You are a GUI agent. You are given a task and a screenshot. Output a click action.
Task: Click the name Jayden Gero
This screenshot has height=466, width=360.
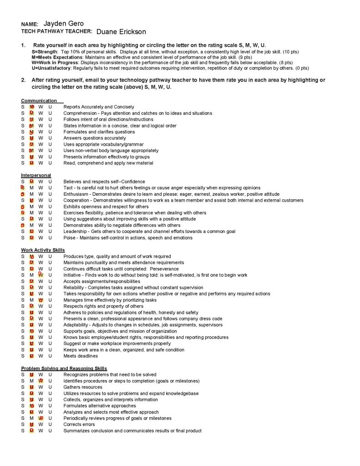click(x=63, y=23)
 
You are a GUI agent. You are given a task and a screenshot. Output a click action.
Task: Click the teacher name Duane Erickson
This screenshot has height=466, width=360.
click(x=121, y=32)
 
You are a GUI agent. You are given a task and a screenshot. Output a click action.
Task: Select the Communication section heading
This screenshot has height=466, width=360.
click(x=39, y=101)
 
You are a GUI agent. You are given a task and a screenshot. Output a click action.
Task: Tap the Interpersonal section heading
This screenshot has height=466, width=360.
click(x=36, y=175)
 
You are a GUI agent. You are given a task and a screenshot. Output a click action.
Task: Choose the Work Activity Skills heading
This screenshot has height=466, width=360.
click(x=43, y=250)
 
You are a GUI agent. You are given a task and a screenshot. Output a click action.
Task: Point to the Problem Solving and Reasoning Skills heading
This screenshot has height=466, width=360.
click(x=64, y=368)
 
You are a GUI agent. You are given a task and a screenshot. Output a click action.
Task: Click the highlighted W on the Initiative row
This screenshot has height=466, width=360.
click(x=41, y=275)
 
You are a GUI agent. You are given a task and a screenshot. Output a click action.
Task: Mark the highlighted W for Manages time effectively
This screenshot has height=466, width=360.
click(x=41, y=300)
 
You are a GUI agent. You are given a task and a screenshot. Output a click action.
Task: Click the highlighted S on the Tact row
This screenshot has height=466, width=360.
click(x=22, y=187)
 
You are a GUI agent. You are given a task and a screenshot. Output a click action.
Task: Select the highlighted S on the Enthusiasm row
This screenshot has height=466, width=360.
click(x=22, y=194)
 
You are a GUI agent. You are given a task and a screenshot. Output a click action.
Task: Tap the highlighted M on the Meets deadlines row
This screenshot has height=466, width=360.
click(x=31, y=356)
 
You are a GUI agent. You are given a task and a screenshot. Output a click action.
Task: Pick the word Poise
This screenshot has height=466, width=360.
click(x=69, y=238)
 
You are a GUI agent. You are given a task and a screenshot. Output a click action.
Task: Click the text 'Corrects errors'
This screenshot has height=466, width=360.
click(x=79, y=424)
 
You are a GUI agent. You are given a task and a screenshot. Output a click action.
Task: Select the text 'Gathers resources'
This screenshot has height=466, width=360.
click(x=83, y=387)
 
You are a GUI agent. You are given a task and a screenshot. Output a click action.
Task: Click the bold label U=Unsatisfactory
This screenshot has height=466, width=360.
click(x=51, y=68)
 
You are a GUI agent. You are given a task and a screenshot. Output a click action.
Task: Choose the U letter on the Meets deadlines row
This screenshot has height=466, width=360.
click(x=50, y=356)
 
